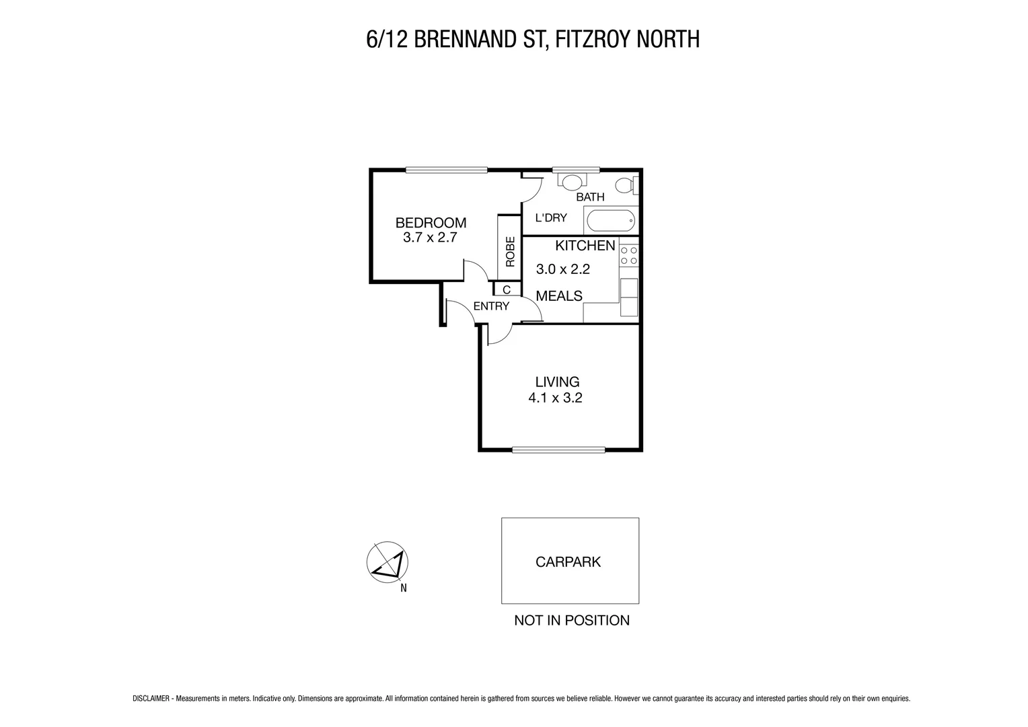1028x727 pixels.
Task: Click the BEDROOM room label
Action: click(431, 223)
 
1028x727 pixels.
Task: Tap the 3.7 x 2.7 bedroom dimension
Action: click(430, 238)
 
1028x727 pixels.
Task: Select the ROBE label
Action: click(510, 251)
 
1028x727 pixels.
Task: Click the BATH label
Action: click(590, 197)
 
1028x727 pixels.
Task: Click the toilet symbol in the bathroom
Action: click(626, 184)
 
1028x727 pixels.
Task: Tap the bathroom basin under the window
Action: click(573, 181)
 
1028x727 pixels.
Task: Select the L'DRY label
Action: click(550, 218)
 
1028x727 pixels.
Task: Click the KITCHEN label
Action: click(585, 246)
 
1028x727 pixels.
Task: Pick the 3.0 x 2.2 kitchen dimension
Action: click(562, 269)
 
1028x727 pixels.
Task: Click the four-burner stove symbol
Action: click(630, 255)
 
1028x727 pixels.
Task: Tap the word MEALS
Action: click(558, 296)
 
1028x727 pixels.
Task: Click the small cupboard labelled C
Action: click(507, 289)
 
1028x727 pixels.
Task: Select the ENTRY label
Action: click(491, 306)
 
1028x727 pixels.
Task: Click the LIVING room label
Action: click(557, 382)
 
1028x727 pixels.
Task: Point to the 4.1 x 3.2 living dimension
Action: click(555, 398)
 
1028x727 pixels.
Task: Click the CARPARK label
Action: click(568, 562)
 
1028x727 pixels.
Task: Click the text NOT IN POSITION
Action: click(571, 621)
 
